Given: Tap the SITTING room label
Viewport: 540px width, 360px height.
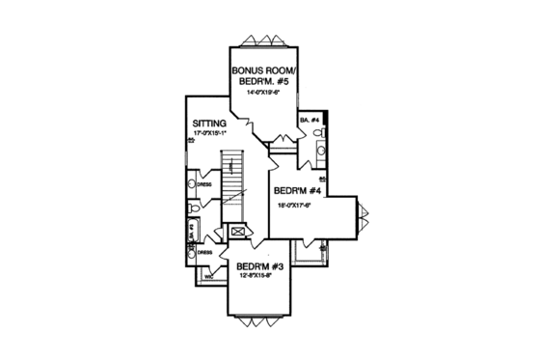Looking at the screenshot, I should [209, 124].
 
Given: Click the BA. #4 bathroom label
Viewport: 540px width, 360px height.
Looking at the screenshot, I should [310, 121].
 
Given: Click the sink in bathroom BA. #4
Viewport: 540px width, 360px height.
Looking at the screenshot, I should [322, 152].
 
